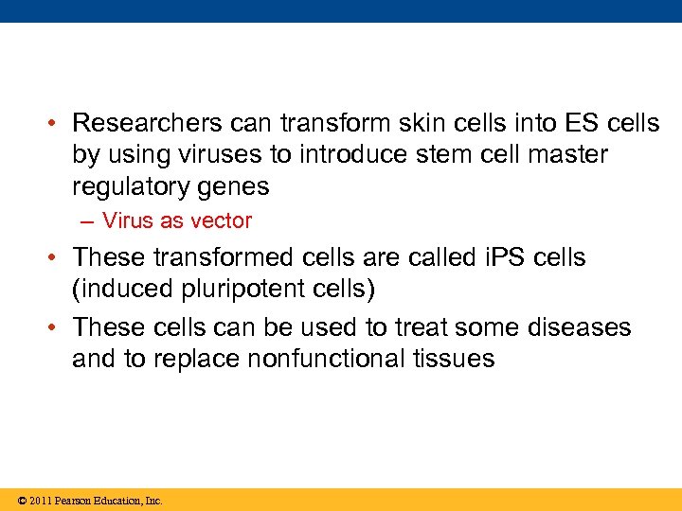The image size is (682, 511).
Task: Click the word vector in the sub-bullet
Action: coord(223,221)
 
